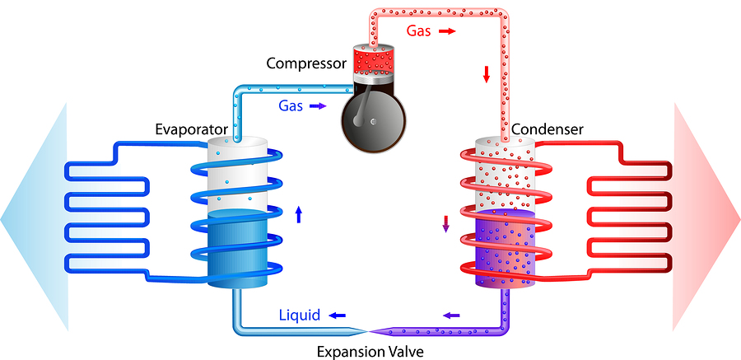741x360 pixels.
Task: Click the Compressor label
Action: click(x=305, y=63)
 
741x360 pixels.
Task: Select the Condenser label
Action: click(x=547, y=130)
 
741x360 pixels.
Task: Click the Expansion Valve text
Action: click(x=370, y=352)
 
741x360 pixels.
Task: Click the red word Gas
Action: click(x=418, y=30)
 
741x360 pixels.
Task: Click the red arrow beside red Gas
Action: click(x=446, y=30)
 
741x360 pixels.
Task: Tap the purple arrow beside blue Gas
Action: click(x=319, y=106)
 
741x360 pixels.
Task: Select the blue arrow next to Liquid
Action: click(x=338, y=316)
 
